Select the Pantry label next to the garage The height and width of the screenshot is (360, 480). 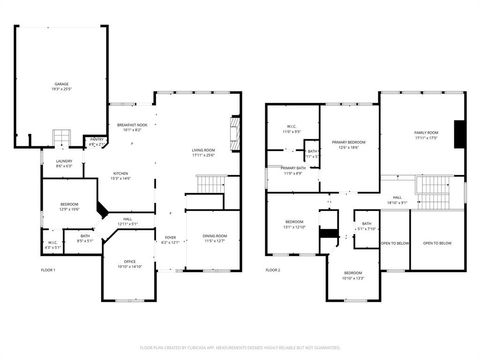click(x=96, y=143)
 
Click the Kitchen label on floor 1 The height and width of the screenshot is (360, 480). click(x=121, y=175)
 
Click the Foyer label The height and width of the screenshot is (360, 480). click(x=171, y=239)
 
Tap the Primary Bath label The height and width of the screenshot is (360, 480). click(x=293, y=170)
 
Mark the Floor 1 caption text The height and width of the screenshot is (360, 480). click(x=48, y=270)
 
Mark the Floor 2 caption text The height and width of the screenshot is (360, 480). click(x=273, y=270)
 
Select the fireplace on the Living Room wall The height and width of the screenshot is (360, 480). click(x=236, y=134)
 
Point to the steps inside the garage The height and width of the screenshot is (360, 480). click(x=61, y=137)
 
